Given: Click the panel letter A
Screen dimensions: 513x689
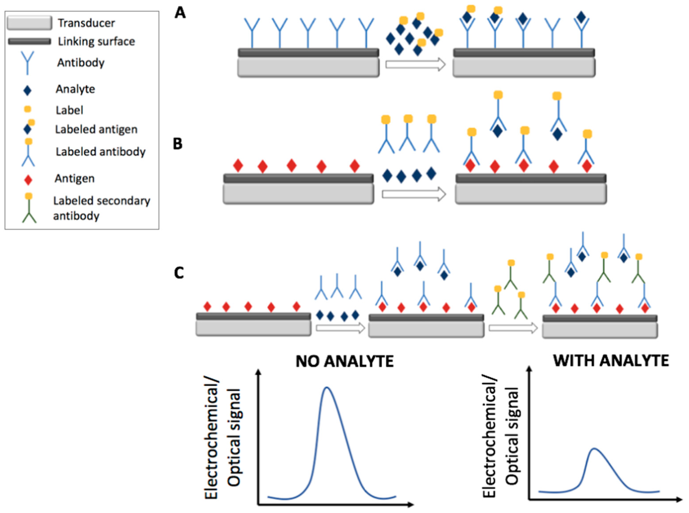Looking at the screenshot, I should point(180,13).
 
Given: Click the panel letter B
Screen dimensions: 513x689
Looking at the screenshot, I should point(178,144).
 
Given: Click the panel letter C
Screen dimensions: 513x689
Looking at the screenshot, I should point(179,273).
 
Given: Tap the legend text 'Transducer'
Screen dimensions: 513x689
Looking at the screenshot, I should point(86,23).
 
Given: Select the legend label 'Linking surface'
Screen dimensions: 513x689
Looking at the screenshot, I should point(96,41).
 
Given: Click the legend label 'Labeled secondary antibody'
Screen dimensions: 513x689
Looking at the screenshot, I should point(102,208).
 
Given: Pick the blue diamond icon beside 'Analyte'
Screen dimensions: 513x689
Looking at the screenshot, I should point(27,90).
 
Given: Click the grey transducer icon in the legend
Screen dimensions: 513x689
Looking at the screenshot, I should point(29,23).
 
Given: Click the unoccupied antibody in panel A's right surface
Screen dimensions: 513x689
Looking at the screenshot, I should point(552,33).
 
